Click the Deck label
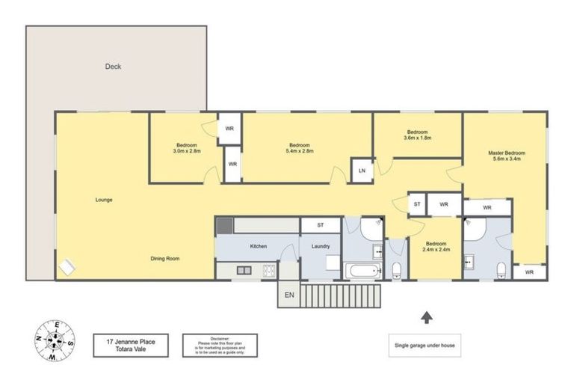(x=113, y=67)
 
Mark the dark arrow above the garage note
(x=426, y=317)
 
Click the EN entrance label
(x=289, y=295)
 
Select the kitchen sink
(x=244, y=269)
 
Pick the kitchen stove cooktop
(x=268, y=269)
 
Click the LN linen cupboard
(x=362, y=171)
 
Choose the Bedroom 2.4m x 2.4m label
(x=436, y=248)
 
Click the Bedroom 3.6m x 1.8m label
(x=417, y=135)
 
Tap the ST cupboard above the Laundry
(x=320, y=224)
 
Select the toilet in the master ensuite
(x=502, y=270)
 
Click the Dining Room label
(x=165, y=258)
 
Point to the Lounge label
(x=104, y=200)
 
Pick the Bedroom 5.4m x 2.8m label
(x=300, y=147)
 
